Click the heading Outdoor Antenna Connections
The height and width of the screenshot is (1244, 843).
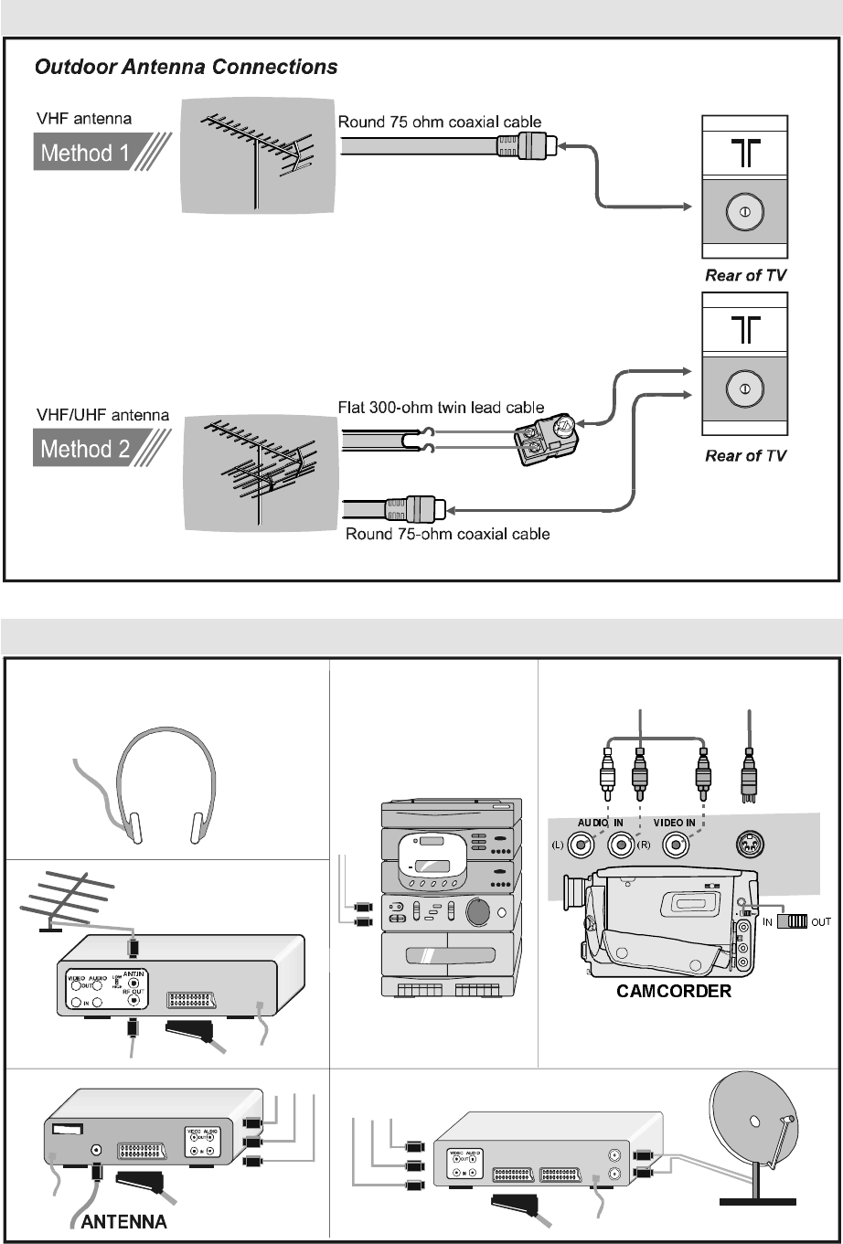(x=187, y=68)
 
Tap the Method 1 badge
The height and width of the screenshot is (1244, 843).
(x=87, y=153)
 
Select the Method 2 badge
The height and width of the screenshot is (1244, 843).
(x=87, y=449)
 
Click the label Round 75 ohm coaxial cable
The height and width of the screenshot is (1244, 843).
(x=440, y=122)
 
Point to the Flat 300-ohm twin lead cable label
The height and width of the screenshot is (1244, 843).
(x=442, y=408)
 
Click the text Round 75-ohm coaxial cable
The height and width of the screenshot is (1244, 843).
(x=447, y=534)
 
